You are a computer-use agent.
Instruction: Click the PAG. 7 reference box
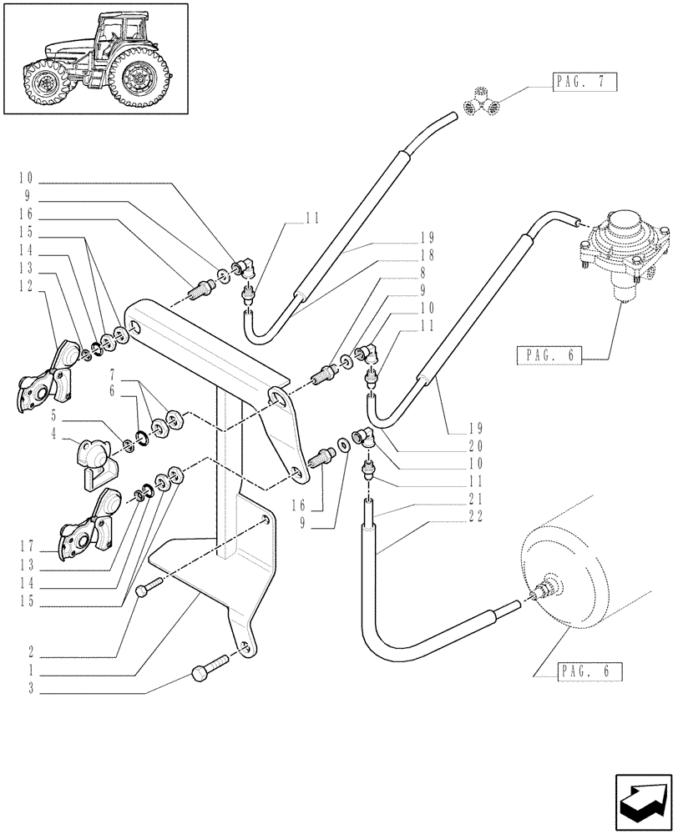[x=584, y=82]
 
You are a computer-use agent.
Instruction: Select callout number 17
[x=28, y=547]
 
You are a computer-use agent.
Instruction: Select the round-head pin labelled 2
[x=144, y=590]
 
